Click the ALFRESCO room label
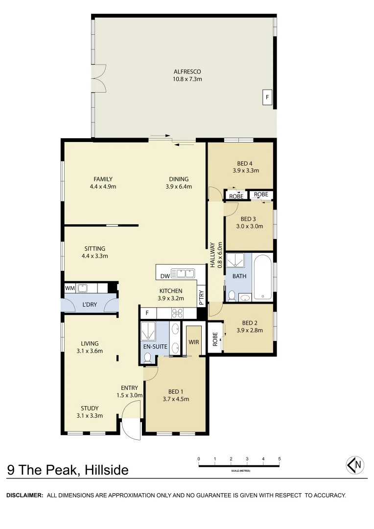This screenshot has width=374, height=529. (187, 72)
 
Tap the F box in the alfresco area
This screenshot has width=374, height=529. (267, 97)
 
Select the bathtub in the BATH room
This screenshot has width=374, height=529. (263, 277)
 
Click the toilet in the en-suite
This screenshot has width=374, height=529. (147, 357)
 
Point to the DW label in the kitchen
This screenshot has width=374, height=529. (165, 276)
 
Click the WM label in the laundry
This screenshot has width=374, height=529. (70, 289)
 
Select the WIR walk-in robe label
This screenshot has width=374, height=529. (194, 341)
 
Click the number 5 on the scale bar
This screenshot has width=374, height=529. (279, 459)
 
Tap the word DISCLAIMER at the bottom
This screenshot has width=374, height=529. (24, 495)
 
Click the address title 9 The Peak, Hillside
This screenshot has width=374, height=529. (68, 470)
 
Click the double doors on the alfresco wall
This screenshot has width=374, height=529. (99, 78)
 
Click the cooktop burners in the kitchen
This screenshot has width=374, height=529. (176, 313)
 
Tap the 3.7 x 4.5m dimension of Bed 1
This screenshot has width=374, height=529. (176, 399)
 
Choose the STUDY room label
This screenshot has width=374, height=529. (90, 408)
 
